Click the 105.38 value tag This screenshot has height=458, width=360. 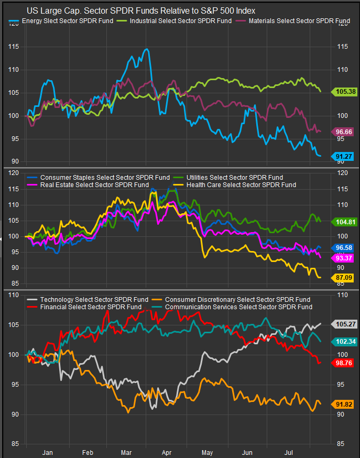pyautogui.click(x=345, y=92)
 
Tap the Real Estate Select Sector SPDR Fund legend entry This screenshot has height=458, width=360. pyautogui.click(x=90, y=184)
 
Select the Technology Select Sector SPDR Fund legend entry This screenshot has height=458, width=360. pyautogui.click(x=87, y=299)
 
